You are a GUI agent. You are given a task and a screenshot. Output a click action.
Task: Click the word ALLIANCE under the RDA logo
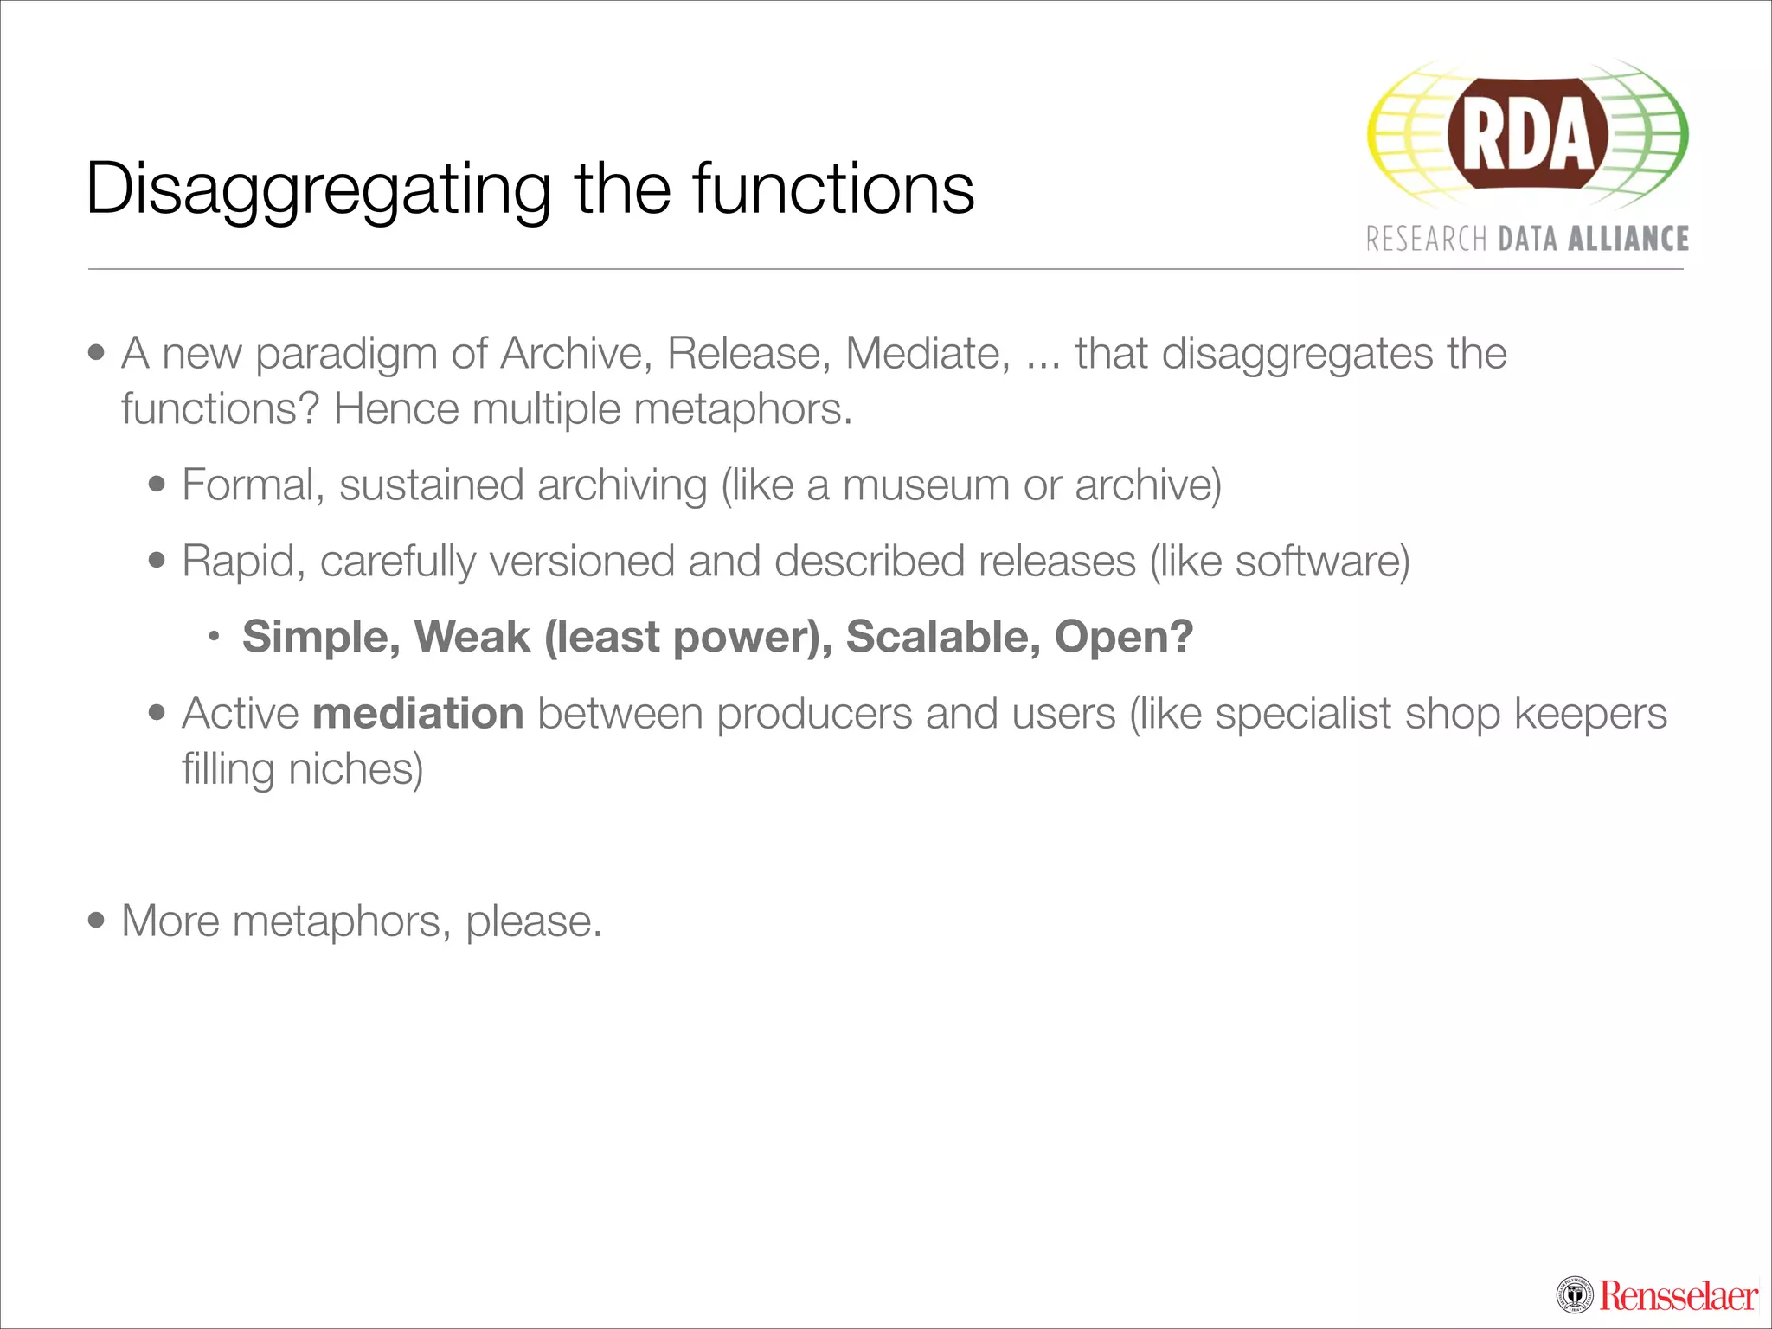(x=1628, y=239)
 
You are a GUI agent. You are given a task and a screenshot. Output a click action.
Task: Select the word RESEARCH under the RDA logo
(x=1426, y=239)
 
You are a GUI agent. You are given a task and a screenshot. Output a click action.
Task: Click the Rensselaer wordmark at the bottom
(x=1678, y=1296)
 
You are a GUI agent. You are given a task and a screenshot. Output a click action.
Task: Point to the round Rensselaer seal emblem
(x=1575, y=1296)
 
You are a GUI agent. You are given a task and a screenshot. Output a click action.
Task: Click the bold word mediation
(x=418, y=714)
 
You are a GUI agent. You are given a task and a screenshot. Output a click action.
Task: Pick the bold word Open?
(x=1124, y=637)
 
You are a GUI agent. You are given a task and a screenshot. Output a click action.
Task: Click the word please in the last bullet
(x=531, y=921)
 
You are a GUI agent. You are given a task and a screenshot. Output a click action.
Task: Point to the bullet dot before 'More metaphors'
(x=96, y=921)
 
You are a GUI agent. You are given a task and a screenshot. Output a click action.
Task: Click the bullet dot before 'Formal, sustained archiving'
(x=157, y=485)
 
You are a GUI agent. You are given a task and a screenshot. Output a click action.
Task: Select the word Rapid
(x=243, y=562)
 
